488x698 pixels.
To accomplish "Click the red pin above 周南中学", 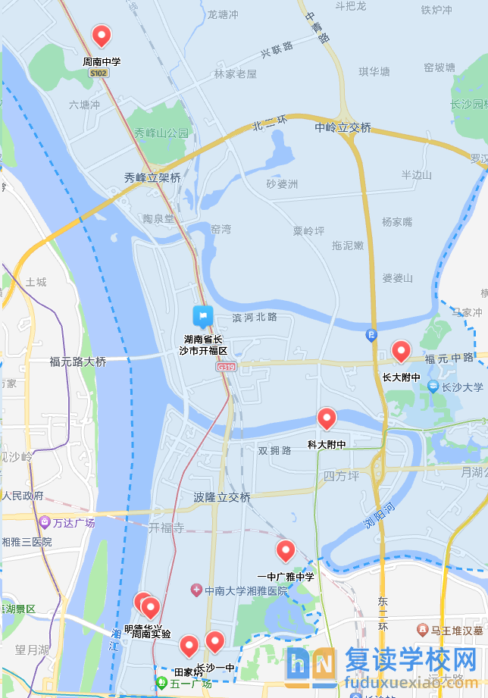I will coord(101,35).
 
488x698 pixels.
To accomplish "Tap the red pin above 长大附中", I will coord(400,351).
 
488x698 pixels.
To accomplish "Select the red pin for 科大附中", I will coord(327,418).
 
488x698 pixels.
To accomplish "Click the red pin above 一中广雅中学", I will coord(286,550).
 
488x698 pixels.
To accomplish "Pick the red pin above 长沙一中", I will coord(215,642).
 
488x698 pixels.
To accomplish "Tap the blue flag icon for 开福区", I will coord(202,316).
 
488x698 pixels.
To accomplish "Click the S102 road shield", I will coord(99,74).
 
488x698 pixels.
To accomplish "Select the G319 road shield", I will coord(226,367).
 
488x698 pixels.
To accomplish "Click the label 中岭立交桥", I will coord(343,128).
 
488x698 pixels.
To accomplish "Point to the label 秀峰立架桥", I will coord(152,178).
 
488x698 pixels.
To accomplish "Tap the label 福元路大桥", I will coord(78,362).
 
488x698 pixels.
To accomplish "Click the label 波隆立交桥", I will coord(222,497).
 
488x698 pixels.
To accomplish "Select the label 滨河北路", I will coord(255,317).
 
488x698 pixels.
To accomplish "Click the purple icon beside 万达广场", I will coord(45,523).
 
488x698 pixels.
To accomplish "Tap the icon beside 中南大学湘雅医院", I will coord(196,590).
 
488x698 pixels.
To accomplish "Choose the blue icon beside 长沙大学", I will coord(433,387).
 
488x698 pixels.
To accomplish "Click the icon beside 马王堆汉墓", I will coord(422,630).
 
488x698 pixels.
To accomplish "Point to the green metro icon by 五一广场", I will coord(161,683).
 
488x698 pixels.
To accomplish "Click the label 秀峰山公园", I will coord(161,133).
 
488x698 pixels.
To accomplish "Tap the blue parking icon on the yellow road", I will coord(371,334).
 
